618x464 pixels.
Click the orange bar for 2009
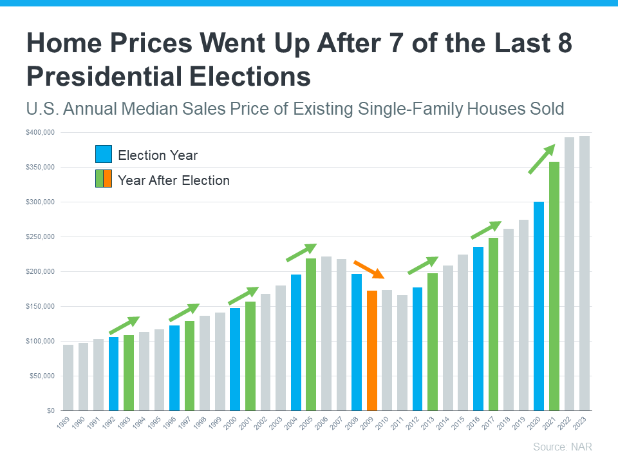[371, 351]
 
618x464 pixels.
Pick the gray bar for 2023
[585, 273]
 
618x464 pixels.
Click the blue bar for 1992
[114, 374]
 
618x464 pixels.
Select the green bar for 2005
[311, 334]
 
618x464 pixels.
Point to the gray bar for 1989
[68, 378]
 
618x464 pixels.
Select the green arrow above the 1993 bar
[124, 325]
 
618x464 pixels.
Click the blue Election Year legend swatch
[104, 155]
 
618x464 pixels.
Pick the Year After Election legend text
[174, 180]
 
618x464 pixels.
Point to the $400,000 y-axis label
[41, 133]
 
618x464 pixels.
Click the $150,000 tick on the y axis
[41, 307]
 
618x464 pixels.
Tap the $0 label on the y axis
[50, 411]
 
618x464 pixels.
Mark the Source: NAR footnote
[563, 447]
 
